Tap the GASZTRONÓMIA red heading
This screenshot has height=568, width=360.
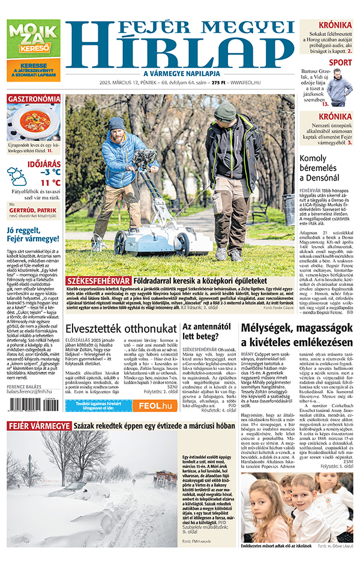34,98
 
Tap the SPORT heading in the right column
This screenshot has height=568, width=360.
340,62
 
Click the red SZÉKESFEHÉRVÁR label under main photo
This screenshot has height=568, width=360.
97,280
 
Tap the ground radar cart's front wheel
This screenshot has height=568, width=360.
120,245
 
